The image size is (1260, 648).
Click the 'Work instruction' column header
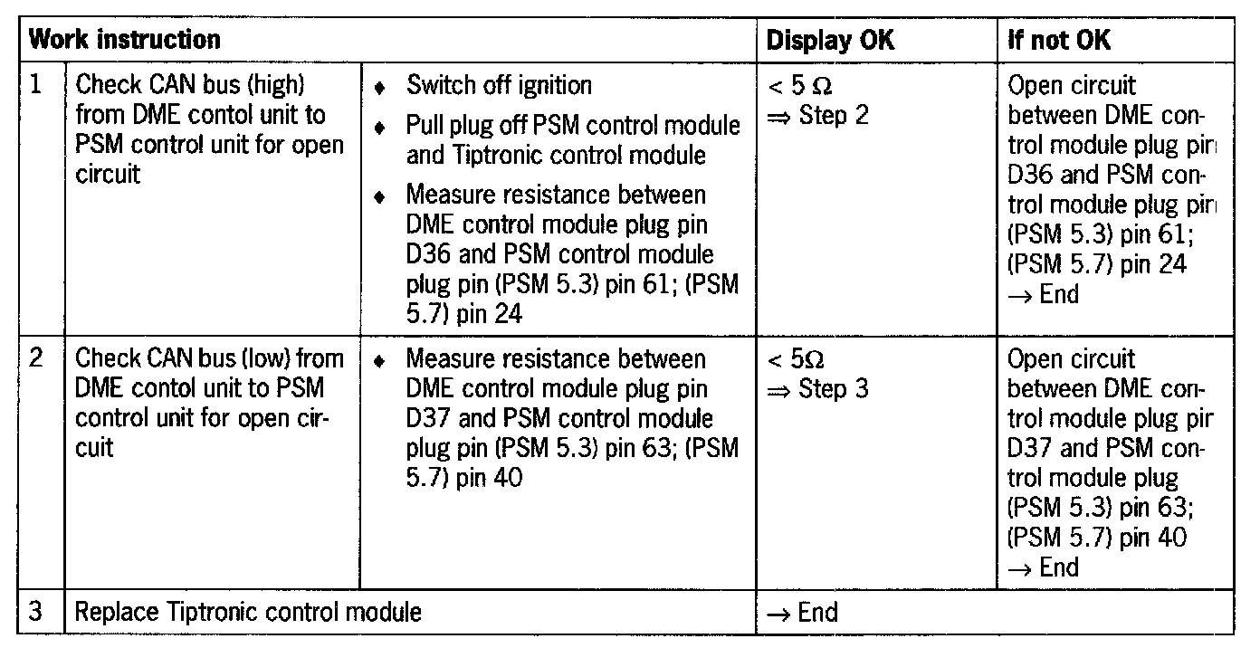[125, 40]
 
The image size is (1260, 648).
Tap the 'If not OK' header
[1059, 40]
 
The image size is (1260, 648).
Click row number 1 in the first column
[36, 85]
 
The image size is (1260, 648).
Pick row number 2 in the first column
[36, 358]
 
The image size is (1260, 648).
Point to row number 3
[36, 612]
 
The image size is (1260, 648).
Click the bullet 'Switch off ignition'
[499, 86]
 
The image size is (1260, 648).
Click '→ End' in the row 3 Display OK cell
[802, 613]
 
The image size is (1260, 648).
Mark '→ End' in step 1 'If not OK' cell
[1043, 294]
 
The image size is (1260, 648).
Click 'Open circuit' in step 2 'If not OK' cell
[1071, 359]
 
